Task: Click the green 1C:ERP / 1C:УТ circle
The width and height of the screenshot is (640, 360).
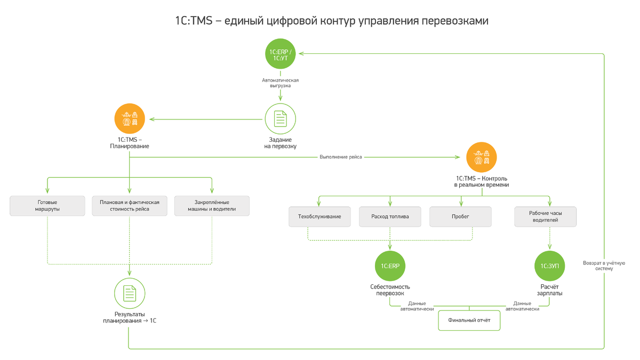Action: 281,54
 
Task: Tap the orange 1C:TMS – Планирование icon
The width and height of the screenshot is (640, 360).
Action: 130,119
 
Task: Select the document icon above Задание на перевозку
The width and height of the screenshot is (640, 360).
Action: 281,119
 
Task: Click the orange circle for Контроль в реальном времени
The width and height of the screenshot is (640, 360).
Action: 482,157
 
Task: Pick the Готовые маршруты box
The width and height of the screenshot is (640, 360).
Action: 47,206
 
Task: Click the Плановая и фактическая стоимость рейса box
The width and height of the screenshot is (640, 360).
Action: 130,206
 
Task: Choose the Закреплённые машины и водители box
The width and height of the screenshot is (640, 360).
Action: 212,206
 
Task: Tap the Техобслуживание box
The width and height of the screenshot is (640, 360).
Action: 319,217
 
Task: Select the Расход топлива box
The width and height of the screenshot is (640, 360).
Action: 390,217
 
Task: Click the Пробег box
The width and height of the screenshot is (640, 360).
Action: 460,217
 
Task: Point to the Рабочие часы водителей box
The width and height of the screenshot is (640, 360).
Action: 545,217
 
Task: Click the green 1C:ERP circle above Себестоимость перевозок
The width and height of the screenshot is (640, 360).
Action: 390,266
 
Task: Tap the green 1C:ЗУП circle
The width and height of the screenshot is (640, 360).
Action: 549,266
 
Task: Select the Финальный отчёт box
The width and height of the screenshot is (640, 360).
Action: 469,321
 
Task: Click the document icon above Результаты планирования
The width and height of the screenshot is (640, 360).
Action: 130,293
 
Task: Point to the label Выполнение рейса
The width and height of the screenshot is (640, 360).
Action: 340,157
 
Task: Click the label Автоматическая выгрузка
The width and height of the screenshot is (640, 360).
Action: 281,83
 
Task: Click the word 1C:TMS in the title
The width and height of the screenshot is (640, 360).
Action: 194,21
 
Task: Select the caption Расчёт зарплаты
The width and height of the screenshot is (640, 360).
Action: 549,290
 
